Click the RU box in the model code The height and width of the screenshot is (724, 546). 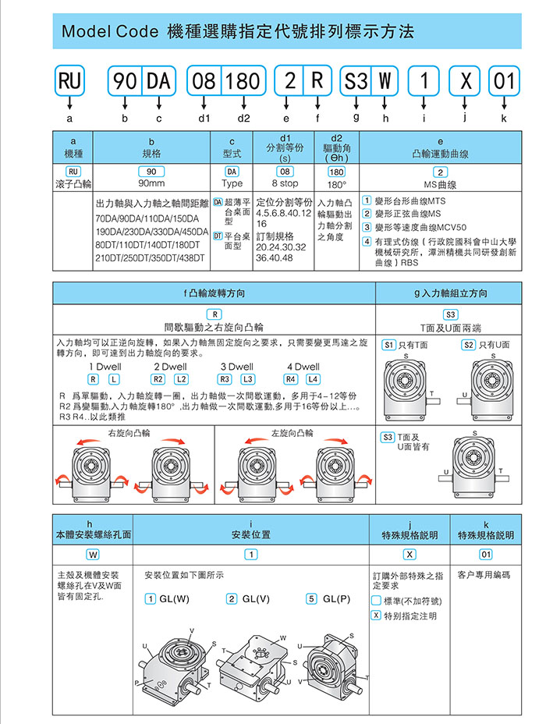coord(70,80)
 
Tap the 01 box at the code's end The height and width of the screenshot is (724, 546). coord(504,80)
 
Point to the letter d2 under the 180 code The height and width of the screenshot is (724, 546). coord(244,118)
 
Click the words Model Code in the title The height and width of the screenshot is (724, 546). coord(109,32)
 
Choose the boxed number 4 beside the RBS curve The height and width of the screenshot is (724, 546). coord(367,241)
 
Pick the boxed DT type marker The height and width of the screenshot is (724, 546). coord(218,235)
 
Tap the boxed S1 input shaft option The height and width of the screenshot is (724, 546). coord(388,344)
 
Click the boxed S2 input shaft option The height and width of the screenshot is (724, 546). coord(469,344)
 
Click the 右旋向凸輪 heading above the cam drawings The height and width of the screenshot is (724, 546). coord(129,432)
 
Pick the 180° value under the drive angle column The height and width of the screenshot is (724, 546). coord(337,185)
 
